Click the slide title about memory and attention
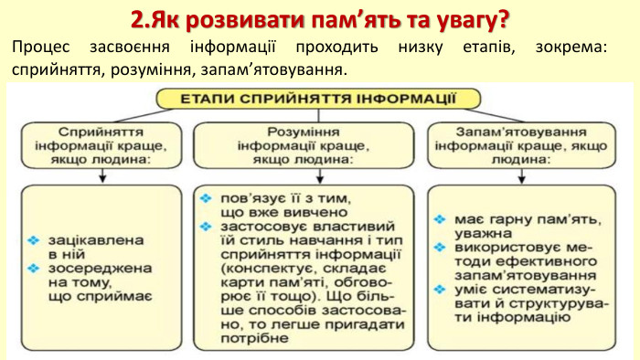coord(319,18)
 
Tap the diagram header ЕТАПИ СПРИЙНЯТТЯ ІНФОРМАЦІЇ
coord(320,98)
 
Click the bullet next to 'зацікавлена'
coord(34,239)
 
